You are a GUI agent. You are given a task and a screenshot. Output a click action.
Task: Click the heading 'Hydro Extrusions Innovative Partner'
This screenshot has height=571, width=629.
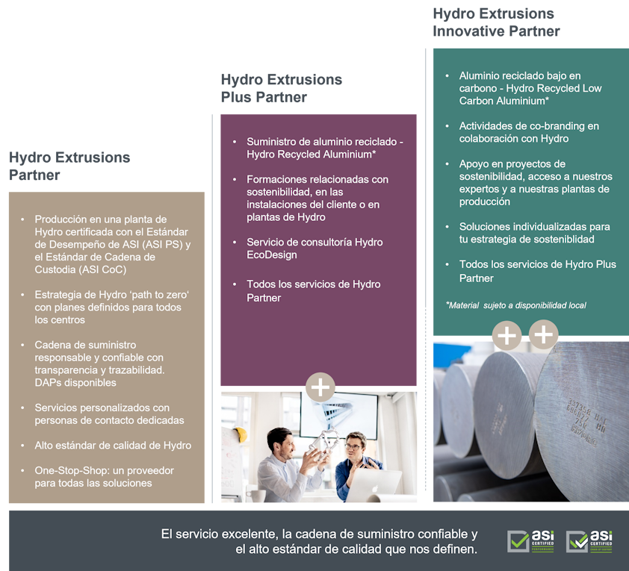[496, 22]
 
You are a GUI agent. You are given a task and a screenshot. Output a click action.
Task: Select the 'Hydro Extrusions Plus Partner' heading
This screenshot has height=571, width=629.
[281, 88]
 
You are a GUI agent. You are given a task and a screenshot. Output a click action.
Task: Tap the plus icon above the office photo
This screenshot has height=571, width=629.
[320, 387]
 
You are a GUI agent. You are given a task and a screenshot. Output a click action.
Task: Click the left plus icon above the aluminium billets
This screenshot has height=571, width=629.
[506, 335]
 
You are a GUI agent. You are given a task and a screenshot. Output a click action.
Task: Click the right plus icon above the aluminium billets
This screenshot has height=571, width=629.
[544, 334]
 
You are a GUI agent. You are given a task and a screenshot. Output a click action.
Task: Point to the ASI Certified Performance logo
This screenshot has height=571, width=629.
[530, 541]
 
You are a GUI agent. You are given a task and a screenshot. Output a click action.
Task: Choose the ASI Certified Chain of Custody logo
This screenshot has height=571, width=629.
[589, 541]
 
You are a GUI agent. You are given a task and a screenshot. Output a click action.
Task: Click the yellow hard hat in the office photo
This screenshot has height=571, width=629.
[240, 434]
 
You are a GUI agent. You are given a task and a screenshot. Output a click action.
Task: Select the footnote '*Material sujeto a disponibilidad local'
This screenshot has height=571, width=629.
[516, 305]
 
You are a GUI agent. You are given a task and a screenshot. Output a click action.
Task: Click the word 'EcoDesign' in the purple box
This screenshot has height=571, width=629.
[272, 255]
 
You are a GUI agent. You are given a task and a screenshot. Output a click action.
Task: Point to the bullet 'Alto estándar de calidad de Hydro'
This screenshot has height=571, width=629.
[113, 446]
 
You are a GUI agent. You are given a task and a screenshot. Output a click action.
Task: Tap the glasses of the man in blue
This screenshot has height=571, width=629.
[353, 446]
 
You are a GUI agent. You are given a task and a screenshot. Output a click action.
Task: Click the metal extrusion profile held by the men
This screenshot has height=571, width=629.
[323, 441]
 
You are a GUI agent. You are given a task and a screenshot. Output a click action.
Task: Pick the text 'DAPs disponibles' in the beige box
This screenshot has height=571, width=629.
[75, 383]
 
